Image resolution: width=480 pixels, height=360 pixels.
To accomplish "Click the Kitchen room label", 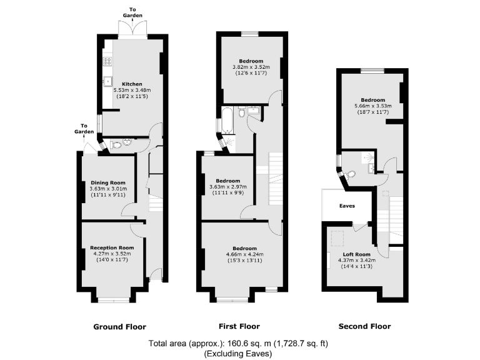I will point(132,84).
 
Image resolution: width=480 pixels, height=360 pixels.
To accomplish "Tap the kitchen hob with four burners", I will point(107,61).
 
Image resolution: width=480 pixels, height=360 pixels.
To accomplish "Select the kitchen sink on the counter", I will point(107,81).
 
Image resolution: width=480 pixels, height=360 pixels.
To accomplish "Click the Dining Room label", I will point(108,182).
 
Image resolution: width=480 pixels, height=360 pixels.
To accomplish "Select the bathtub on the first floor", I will point(227,120).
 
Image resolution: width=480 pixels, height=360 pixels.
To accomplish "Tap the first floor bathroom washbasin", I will point(254,111).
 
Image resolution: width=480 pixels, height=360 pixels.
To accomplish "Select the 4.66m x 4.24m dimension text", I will point(241,254).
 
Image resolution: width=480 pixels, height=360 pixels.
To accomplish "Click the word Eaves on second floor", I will point(347,205).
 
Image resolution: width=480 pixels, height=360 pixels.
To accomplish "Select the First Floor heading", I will point(239,326).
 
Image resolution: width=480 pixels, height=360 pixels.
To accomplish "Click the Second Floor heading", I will point(364,326).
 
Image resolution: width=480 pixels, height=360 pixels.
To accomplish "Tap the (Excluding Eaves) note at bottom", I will point(238,353).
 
